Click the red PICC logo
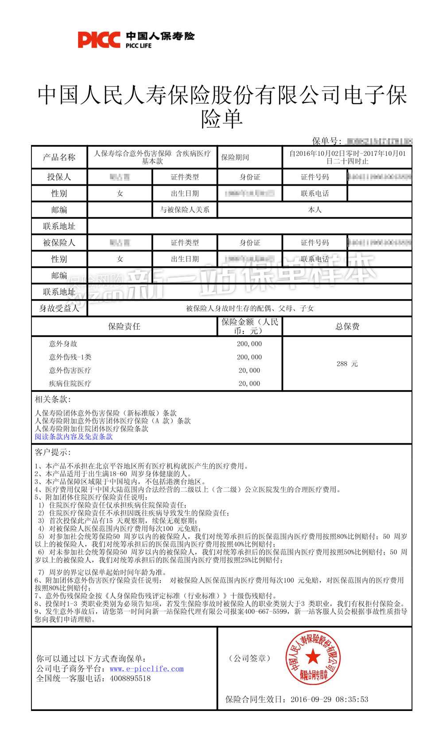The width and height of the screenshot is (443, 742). tap(99, 40)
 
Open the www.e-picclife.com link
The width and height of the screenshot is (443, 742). tap(147, 669)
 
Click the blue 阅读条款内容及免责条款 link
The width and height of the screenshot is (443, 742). tap(74, 437)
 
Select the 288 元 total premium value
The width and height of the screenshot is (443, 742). tap(347, 364)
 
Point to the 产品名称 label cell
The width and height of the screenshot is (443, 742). tap(59, 157)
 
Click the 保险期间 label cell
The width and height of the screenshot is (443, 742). tap(235, 157)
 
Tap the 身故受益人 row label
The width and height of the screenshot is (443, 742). tap(59, 309)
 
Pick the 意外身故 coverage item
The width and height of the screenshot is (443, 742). tap(63, 344)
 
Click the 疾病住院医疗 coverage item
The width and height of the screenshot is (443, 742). tap(70, 384)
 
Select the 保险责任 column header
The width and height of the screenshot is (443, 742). tap(124, 327)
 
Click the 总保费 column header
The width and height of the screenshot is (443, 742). tap(347, 327)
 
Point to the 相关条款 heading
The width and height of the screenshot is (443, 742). tap(53, 399)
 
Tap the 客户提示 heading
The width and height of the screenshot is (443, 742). tap(53, 452)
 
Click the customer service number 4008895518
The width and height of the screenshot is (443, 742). tap(130, 679)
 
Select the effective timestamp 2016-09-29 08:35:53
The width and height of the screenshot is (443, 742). tap(329, 699)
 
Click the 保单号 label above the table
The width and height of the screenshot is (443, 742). tap(326, 141)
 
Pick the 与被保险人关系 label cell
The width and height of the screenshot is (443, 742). tap(185, 210)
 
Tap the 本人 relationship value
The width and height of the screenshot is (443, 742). tap(315, 210)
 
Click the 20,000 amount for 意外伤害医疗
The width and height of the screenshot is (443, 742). tap(249, 371)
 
